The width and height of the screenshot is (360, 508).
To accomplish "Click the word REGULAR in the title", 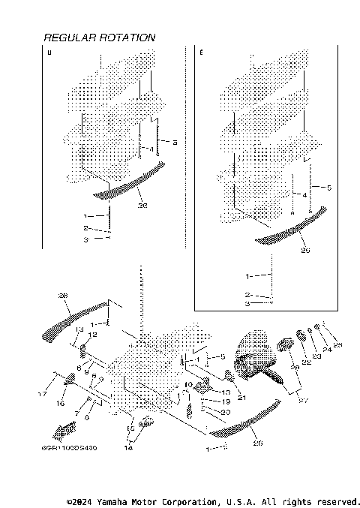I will tap(70, 38).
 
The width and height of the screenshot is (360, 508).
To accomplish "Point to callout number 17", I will tap(43, 393).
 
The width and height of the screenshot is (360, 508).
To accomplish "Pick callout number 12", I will tap(94, 335).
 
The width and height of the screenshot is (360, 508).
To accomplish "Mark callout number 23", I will tap(316, 357).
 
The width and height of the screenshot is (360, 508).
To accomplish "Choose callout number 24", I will tap(326, 350).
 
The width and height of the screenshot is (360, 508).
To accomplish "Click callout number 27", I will tap(303, 401).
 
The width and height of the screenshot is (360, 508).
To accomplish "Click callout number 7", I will tap(77, 413).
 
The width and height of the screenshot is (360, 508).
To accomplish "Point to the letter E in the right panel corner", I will tap(201, 53).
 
